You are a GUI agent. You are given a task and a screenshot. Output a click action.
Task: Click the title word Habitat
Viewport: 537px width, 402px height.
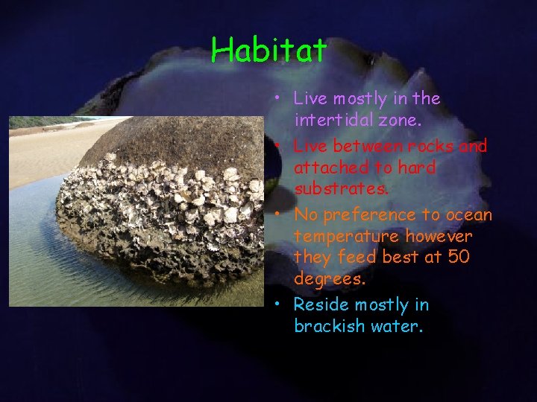click(x=268, y=51)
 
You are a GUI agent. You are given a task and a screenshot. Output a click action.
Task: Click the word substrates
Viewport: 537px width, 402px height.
click(x=341, y=189)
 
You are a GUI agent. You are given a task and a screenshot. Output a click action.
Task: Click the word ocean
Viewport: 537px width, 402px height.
click(x=468, y=215)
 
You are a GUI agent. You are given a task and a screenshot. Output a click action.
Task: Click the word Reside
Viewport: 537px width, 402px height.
click(x=321, y=305)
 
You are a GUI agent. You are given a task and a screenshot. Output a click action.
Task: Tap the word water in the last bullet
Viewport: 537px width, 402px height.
click(x=400, y=326)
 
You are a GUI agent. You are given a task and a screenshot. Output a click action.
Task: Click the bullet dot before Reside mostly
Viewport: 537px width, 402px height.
click(x=277, y=304)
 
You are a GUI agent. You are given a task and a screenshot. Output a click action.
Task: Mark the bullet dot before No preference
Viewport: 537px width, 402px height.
click(x=277, y=214)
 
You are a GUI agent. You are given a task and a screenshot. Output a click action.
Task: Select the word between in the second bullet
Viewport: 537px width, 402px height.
click(x=365, y=146)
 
